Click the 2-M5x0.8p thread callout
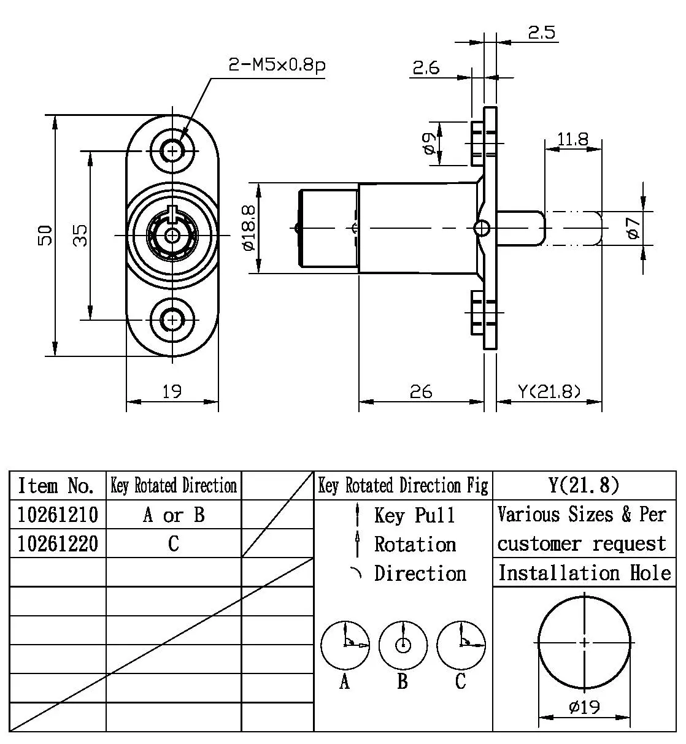click(276, 65)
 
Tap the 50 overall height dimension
click(45, 234)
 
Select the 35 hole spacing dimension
click(80, 234)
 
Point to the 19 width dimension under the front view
click(172, 391)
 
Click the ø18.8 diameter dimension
click(249, 228)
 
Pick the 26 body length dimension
click(421, 391)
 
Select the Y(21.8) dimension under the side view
click(549, 391)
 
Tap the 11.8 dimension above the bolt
click(572, 139)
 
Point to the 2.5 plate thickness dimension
click(541, 33)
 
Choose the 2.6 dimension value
click(426, 67)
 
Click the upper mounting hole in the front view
click(173, 150)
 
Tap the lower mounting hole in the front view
click(173, 320)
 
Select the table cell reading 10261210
click(58, 515)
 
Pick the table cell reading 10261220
click(58, 543)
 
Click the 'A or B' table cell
click(174, 515)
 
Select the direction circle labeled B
click(403, 645)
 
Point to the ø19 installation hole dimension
click(584, 707)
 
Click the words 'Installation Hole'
click(584, 573)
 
